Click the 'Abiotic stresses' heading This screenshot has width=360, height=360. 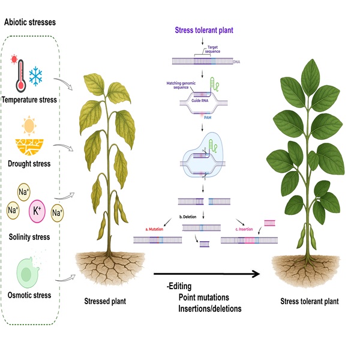32,22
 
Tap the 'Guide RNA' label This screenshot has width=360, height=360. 199,98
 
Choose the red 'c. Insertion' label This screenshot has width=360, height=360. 245,229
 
